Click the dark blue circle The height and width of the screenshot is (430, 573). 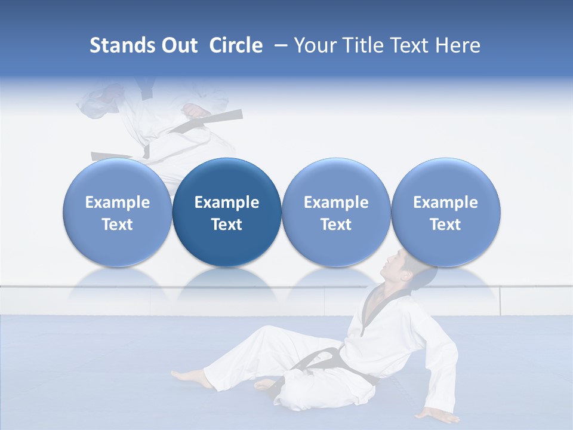click(x=227, y=212)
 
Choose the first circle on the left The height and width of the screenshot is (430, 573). click(x=118, y=212)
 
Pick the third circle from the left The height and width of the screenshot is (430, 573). click(x=336, y=212)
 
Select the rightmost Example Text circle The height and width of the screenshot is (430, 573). click(x=446, y=212)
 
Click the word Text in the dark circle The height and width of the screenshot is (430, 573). click(x=227, y=225)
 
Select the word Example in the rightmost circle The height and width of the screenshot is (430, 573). click(x=446, y=202)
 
